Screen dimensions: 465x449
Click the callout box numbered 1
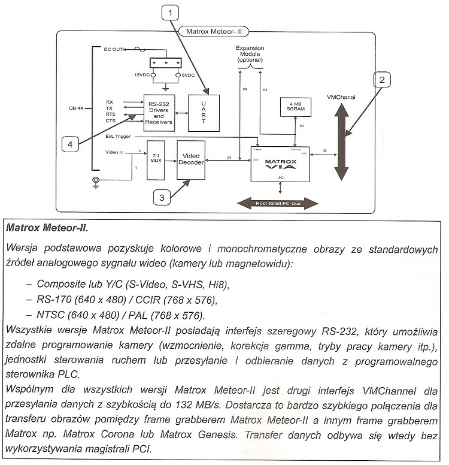tap(170, 12)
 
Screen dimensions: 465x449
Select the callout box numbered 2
tap(382, 80)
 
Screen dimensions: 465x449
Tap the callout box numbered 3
tap(160, 196)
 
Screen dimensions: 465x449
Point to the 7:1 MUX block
tap(155, 156)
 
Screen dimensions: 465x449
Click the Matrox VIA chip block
tap(280, 162)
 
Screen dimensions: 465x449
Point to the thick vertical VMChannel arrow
tap(341, 141)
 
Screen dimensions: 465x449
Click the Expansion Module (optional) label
tap(250, 53)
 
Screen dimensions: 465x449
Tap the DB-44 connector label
tap(76, 108)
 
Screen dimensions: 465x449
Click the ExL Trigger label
tap(119, 136)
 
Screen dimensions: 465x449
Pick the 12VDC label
tap(142, 75)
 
